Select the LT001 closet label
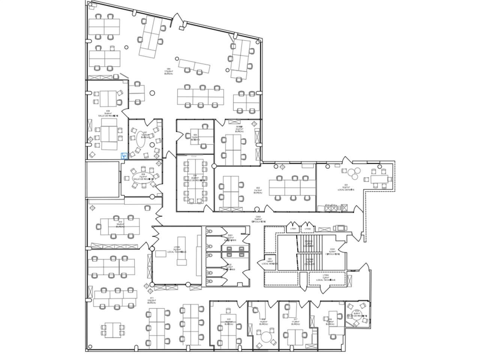pos(294,229)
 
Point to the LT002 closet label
pos(308,229)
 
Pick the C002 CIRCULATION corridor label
pos(258,219)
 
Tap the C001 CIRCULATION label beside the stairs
pos(332,252)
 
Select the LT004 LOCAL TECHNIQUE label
pos(325,278)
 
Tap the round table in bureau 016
pos(267,336)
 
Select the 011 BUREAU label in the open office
pos(151,300)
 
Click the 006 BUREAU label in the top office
pos(168,71)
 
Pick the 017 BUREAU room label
pos(295,322)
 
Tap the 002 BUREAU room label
pos(258,190)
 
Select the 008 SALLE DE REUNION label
pos(108,114)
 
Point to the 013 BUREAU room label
pos(120,224)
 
